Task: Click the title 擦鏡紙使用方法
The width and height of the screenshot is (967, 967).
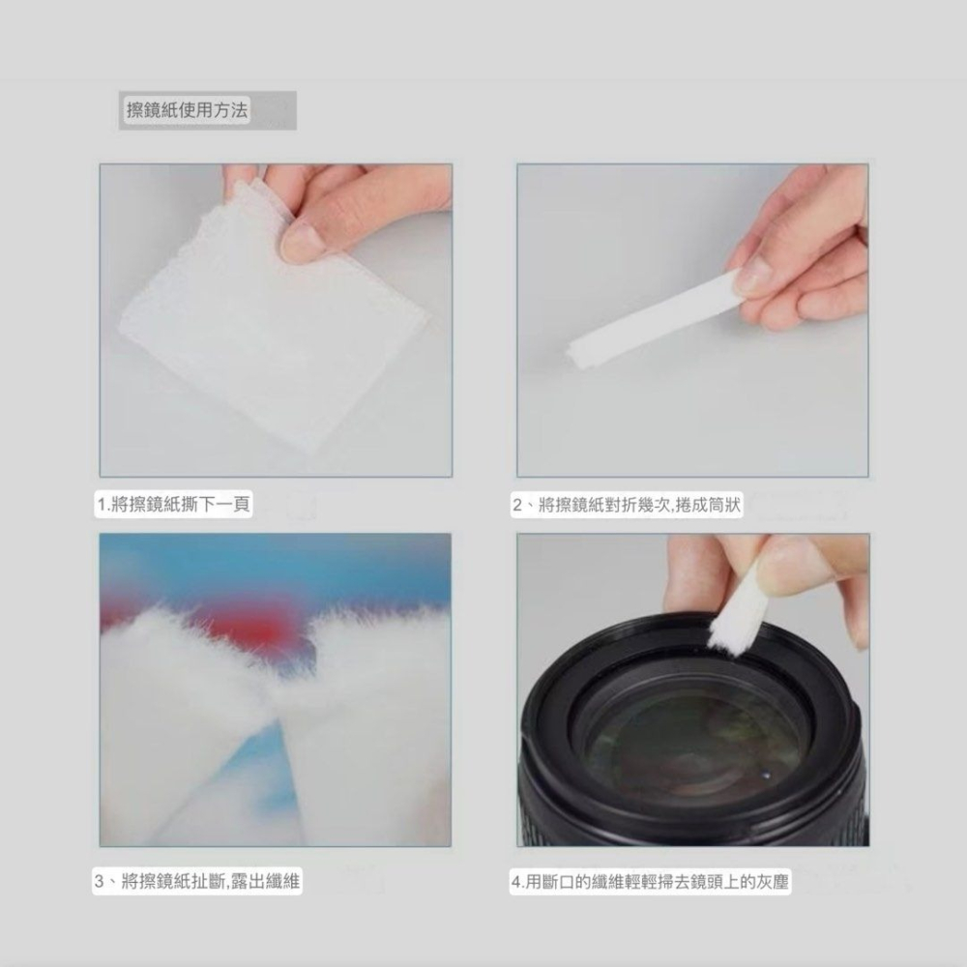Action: pos(187,110)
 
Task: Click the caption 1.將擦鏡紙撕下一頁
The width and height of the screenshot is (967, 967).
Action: pos(173,505)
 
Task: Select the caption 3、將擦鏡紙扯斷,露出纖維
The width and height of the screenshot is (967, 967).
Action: pos(196,881)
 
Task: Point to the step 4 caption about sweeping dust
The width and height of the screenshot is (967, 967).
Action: pos(650,882)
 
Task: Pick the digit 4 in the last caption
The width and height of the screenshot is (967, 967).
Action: pos(516,883)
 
